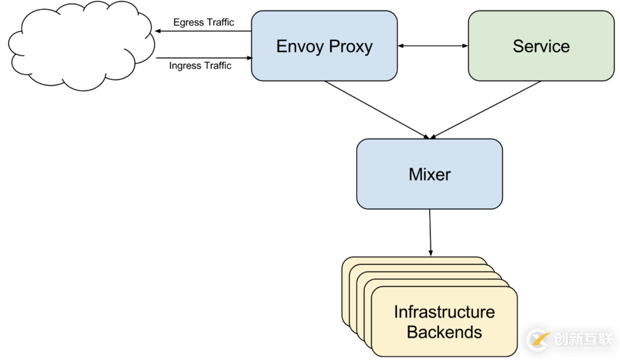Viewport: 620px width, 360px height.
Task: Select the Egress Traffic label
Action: pos(203,22)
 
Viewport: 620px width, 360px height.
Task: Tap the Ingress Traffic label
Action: pos(200,65)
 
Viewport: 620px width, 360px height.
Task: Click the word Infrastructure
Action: pos(444,311)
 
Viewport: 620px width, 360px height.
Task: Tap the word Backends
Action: pos(444,332)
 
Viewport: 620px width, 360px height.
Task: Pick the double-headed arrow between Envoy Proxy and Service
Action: pos(433,46)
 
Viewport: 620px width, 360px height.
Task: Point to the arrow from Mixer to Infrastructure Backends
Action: pos(430,233)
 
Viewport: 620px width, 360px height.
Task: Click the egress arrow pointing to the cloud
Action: pos(203,31)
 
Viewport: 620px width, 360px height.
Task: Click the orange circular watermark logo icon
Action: pos(538,339)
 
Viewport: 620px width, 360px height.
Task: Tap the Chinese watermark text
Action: pos(582,339)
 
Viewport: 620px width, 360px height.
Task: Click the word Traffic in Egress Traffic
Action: pos(219,22)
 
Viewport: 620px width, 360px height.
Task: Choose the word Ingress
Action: pos(185,65)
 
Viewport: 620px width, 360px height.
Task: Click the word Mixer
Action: pos(429,174)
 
